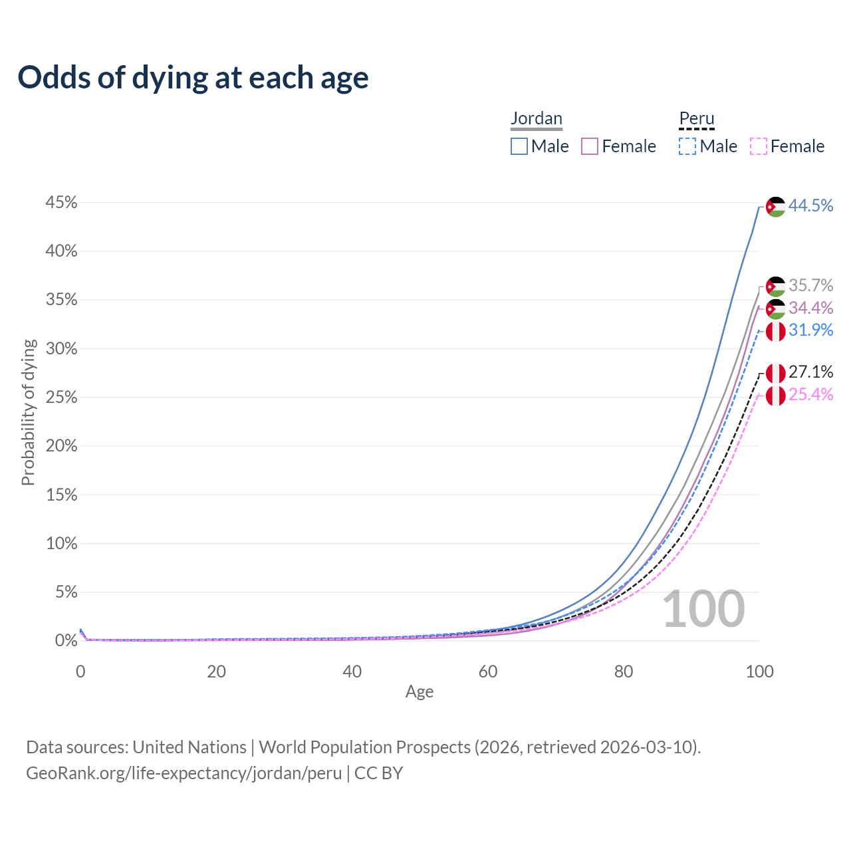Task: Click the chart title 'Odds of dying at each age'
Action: [x=193, y=78]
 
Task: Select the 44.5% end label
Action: [x=810, y=205]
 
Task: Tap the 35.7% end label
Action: [x=810, y=285]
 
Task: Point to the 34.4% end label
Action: [x=810, y=308]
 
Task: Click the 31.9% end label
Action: [x=810, y=330]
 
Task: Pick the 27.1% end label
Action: [x=810, y=372]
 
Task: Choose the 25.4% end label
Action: [x=810, y=394]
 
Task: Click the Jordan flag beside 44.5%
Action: [x=775, y=207]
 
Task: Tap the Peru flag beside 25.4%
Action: [x=775, y=396]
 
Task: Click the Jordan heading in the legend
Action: [x=537, y=118]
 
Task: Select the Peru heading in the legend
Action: [x=697, y=118]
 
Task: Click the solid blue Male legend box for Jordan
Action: [x=519, y=146]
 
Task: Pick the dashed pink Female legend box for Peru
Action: [x=759, y=146]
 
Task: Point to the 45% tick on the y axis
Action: [x=61, y=203]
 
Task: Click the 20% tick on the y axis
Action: [x=61, y=446]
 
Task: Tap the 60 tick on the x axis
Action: [x=488, y=671]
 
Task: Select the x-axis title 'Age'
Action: [x=420, y=691]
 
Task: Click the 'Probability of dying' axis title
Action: [x=28, y=412]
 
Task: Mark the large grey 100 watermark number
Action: [x=703, y=609]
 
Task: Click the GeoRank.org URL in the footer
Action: [x=183, y=773]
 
